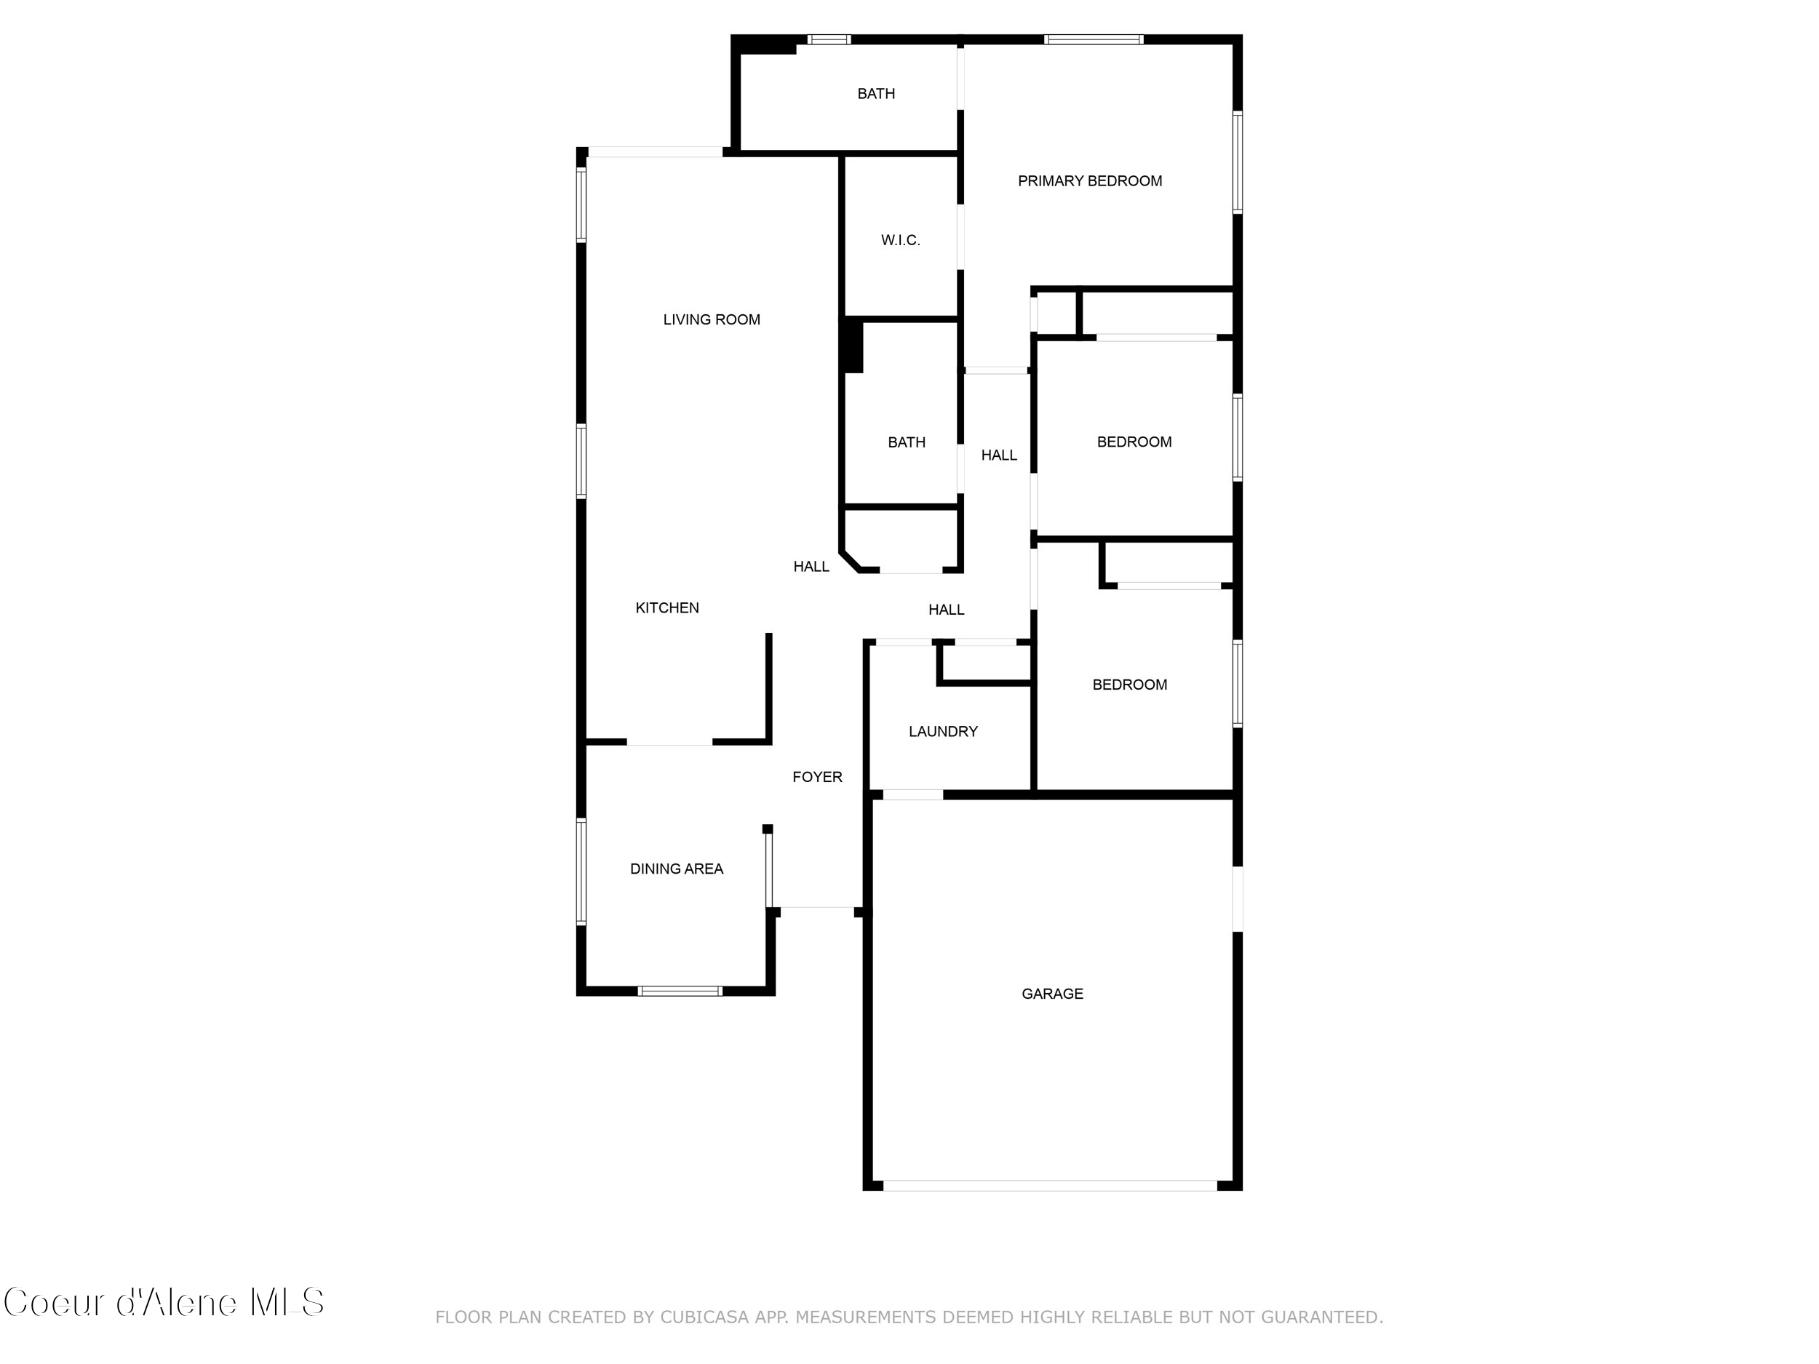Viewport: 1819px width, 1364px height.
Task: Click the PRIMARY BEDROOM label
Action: point(1090,181)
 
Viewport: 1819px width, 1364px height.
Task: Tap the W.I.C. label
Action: point(901,240)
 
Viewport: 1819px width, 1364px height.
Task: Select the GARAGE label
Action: point(1052,993)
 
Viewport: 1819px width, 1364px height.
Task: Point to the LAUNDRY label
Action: point(942,731)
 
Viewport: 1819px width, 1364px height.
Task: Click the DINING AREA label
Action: point(676,868)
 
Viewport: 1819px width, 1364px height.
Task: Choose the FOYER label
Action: point(816,777)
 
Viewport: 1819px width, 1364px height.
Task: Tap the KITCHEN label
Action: point(667,607)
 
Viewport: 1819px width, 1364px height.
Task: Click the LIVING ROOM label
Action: point(712,319)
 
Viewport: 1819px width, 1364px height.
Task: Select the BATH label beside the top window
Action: point(876,94)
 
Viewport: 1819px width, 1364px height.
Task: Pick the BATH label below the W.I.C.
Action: point(906,442)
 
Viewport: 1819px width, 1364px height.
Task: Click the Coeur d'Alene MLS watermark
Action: point(164,1302)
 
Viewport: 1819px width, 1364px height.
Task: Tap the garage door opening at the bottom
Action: point(1049,1186)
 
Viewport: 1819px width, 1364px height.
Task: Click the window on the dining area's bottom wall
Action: point(680,991)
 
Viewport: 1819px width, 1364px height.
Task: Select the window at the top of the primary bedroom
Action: point(1093,39)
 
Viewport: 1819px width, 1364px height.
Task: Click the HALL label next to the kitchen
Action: point(811,567)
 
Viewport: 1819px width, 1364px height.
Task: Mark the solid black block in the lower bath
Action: point(852,346)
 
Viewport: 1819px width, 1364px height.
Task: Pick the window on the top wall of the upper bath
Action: point(828,39)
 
